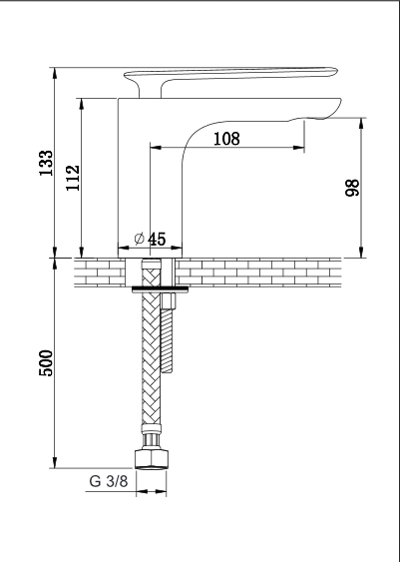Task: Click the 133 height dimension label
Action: (x=46, y=163)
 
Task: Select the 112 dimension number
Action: (x=73, y=178)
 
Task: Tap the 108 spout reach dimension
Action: (x=226, y=139)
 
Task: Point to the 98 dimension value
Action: (x=352, y=188)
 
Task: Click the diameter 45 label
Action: (x=150, y=239)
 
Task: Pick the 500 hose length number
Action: (x=46, y=362)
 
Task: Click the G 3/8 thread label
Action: (x=108, y=481)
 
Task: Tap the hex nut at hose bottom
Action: (x=151, y=459)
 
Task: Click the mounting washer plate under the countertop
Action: (x=160, y=289)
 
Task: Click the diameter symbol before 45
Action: (x=140, y=239)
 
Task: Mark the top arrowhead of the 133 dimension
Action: (x=55, y=73)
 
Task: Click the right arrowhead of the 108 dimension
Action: (x=298, y=148)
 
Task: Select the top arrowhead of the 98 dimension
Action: (x=361, y=124)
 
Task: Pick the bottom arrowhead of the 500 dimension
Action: (x=55, y=462)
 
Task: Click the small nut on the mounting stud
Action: (x=169, y=301)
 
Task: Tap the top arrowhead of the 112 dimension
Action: (x=82, y=104)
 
